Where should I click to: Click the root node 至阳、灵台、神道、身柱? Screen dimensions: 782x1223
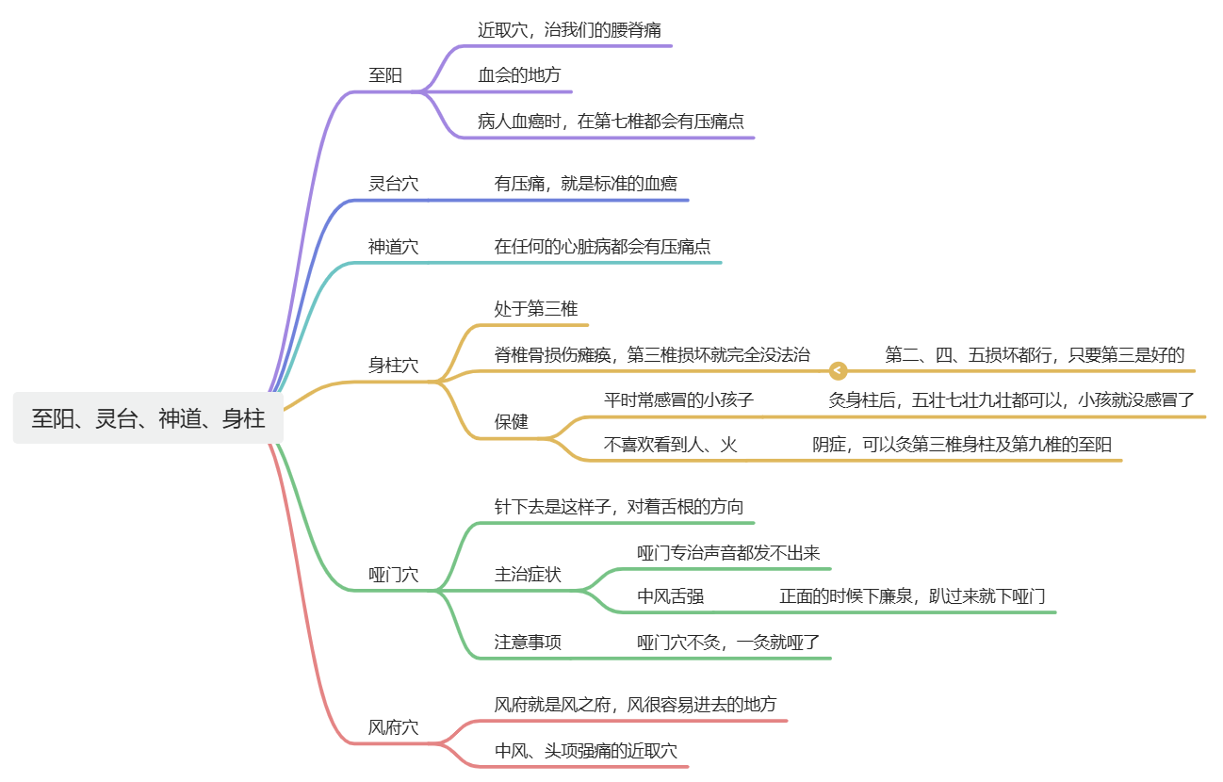click(148, 418)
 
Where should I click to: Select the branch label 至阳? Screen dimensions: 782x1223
click(384, 75)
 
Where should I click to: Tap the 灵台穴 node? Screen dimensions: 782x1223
click(393, 184)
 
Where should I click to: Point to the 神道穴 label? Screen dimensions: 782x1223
click(393, 247)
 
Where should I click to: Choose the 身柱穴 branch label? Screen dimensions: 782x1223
click(393, 366)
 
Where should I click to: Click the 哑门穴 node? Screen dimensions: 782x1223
click(393, 575)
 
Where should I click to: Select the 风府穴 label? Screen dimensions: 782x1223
click(393, 727)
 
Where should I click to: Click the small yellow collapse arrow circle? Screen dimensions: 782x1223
click(839, 371)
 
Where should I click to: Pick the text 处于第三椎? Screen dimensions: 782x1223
click(536, 309)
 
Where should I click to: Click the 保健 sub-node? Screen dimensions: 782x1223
click(512, 422)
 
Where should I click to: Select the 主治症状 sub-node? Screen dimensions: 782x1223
click(528, 575)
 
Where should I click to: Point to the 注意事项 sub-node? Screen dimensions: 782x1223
click(528, 643)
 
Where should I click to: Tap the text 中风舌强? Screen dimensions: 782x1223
click(670, 596)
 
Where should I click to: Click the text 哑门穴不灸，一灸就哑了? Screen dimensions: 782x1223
click(728, 643)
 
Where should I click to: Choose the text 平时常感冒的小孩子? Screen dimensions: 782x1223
click(678, 399)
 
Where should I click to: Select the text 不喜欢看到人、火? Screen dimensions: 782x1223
click(670, 445)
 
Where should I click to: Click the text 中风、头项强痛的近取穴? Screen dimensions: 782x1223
click(585, 751)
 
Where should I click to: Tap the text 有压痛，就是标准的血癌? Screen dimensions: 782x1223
click(585, 184)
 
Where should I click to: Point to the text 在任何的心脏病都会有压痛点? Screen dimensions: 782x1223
click(602, 247)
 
